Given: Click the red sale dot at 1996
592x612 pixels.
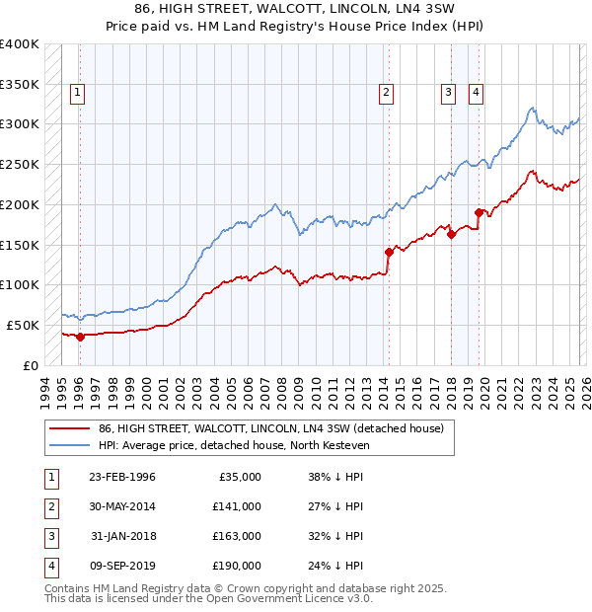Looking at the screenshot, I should click(80, 337).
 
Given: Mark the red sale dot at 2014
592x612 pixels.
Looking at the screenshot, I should click(389, 252).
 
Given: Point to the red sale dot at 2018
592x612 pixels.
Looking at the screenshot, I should click(451, 234).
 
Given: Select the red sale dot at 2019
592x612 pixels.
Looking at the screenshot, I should click(479, 212).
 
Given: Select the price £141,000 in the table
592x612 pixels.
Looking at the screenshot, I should click(238, 506).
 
